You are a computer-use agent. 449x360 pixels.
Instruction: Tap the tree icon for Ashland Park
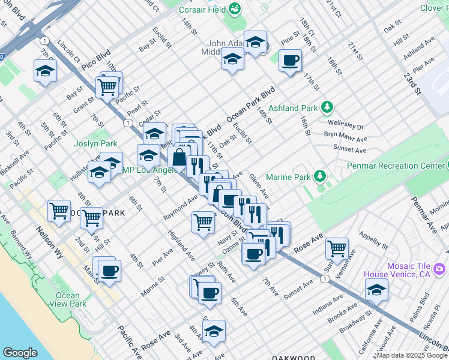coord(327,107)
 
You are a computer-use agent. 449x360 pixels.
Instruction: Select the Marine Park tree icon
coord(321,175)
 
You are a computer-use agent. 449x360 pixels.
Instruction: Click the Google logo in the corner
coord(20,353)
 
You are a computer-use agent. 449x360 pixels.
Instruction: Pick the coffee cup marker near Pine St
coord(290,60)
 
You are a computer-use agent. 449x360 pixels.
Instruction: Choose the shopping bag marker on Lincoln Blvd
coord(179,158)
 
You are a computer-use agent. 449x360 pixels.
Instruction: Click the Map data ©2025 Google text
coord(412,355)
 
